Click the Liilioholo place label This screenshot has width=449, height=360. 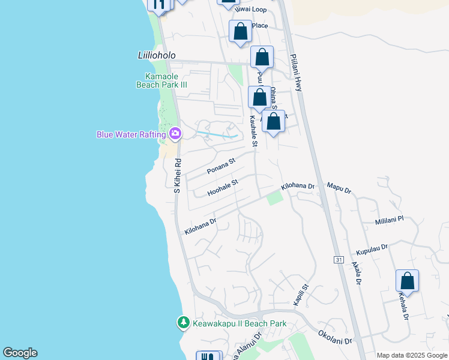click(x=153, y=55)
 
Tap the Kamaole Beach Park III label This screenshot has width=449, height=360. click(x=166, y=80)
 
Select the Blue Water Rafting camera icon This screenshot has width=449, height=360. click(x=175, y=133)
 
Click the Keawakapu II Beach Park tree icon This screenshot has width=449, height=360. click(x=184, y=323)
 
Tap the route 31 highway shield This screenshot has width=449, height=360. click(x=338, y=259)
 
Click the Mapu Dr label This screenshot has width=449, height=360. click(x=339, y=189)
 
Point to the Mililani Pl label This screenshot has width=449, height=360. click(x=390, y=220)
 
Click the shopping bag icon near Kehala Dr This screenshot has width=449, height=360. click(x=407, y=281)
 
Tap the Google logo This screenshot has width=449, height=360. click(x=20, y=353)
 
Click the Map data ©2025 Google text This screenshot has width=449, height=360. click(x=411, y=355)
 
